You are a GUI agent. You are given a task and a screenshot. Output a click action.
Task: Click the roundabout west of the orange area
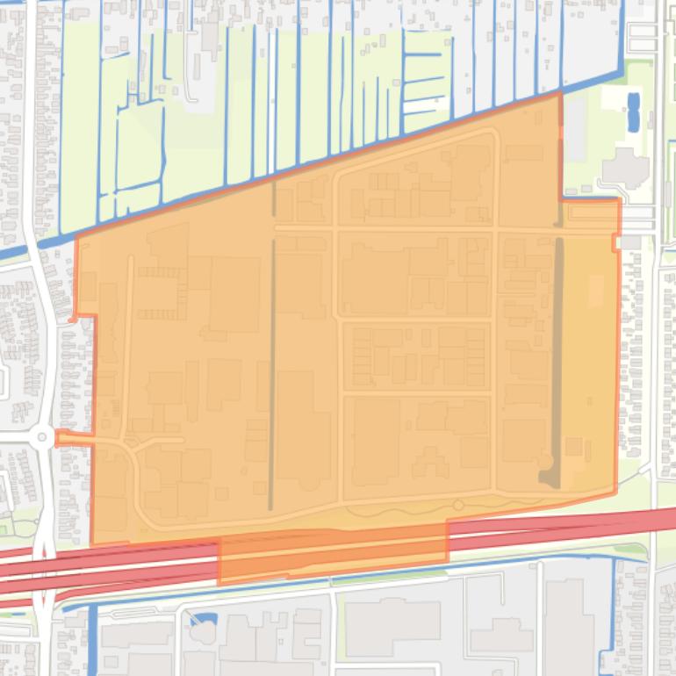point(41,437)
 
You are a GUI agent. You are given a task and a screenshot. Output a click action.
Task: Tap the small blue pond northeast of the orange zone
point(633,112)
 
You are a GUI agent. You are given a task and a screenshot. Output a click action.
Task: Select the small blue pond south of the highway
point(203,619)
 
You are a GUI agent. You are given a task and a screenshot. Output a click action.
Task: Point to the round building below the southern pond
point(203,633)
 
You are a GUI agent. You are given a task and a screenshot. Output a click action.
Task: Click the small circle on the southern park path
point(457,505)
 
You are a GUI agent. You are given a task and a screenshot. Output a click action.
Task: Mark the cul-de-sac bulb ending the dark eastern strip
point(548,463)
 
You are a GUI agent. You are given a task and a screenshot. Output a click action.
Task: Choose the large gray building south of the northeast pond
point(625,166)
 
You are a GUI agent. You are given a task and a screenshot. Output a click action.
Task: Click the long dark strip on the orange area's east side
point(557,351)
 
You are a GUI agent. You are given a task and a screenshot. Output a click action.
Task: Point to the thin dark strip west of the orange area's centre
point(272,369)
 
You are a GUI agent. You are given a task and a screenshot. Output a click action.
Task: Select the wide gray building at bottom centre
point(392,625)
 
